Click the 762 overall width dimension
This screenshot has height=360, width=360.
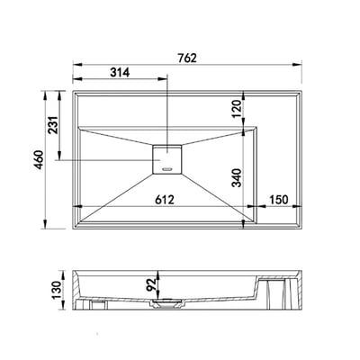point(187,58)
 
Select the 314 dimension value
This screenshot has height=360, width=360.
point(120,72)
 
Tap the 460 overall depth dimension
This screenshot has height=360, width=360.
point(39,159)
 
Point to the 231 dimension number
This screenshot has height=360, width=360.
point(53,125)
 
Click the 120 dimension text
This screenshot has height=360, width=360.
point(237,109)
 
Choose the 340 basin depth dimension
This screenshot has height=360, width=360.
point(237,178)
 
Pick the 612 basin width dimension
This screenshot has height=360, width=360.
point(165,200)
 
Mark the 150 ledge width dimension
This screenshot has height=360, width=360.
point(279,200)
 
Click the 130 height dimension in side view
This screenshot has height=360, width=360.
point(57,290)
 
